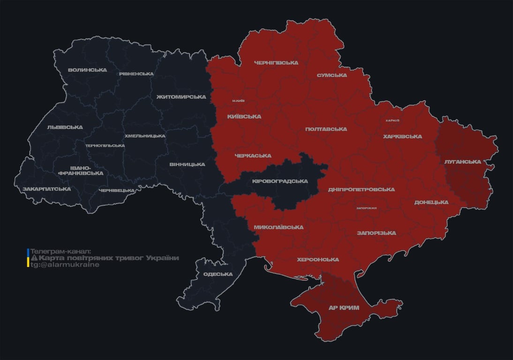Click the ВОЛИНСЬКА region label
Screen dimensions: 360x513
coord(87,70)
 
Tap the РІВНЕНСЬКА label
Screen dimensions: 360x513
coord(136,74)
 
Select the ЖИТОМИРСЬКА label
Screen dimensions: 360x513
coord(181,97)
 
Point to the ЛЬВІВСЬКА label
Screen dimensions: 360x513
coord(65,127)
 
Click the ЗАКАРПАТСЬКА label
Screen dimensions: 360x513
coord(46,189)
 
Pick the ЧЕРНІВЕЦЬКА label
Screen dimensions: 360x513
coord(117,190)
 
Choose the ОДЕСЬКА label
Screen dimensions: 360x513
coord(218,274)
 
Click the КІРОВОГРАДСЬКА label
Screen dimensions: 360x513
coord(279,181)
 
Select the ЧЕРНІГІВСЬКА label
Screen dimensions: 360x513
coord(276,62)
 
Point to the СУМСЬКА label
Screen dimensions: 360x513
coord(332,75)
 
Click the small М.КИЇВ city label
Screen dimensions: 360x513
coord(238,101)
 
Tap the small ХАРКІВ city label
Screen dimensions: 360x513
coord(392,120)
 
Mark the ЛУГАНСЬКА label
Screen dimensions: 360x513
coord(462,161)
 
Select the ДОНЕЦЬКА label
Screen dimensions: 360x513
coord(431,202)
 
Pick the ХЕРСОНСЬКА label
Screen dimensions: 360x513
coord(317,259)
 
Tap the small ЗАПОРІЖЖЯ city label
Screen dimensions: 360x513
coord(366,208)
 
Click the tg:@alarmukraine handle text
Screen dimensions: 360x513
coord(65,264)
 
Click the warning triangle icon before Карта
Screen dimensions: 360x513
coord(34,258)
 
